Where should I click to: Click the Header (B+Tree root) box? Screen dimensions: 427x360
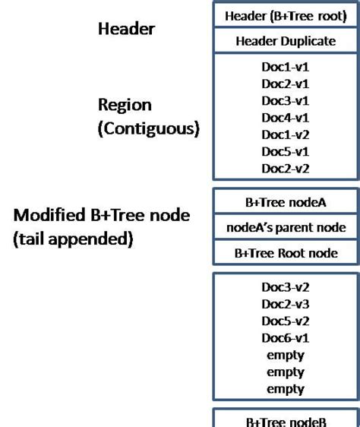[x=285, y=15]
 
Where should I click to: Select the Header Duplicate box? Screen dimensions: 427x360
[x=285, y=41]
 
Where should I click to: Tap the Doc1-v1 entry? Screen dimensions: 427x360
[x=285, y=67]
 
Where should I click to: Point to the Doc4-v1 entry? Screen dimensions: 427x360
[x=285, y=118]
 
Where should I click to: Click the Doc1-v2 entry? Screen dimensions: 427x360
[x=285, y=134]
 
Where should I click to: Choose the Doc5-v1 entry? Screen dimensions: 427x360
[x=285, y=152]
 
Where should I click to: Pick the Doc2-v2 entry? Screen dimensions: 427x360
[x=285, y=169]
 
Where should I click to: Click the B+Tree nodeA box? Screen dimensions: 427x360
[x=285, y=202]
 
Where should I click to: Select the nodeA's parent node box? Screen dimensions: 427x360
[x=285, y=227]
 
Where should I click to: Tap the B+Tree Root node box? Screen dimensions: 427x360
[x=285, y=253]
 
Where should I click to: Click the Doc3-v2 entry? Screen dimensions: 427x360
[x=285, y=287]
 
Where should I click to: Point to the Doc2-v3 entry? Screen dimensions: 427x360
[x=285, y=304]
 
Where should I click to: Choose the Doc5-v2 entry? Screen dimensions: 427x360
[x=285, y=321]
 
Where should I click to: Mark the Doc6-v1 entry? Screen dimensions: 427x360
[x=285, y=338]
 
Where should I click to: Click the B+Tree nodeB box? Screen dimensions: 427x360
[x=285, y=420]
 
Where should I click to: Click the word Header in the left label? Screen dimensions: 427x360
[x=126, y=29]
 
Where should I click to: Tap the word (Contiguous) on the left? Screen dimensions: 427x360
[x=148, y=128]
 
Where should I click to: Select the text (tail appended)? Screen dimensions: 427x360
[x=73, y=239]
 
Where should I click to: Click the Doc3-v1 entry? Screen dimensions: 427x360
[x=285, y=101]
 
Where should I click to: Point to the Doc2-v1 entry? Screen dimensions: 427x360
[x=285, y=84]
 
